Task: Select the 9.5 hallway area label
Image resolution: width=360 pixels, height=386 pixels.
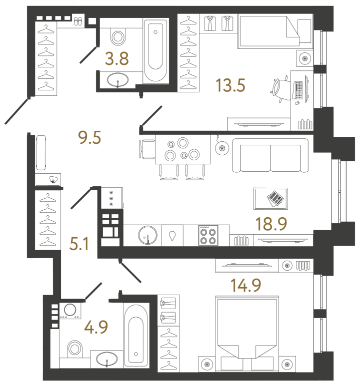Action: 90,136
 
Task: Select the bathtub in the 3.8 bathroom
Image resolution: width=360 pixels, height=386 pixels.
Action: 155,50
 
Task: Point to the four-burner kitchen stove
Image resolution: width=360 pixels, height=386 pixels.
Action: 206,235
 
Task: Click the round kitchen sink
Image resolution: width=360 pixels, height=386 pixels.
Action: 147,235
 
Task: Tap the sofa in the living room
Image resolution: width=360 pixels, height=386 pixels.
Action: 270,156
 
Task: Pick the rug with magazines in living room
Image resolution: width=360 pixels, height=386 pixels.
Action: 270,199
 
